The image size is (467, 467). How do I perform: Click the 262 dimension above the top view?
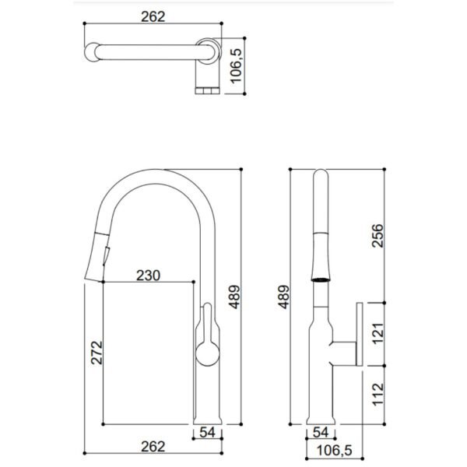(153, 16)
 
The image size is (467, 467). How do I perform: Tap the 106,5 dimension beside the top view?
(237, 66)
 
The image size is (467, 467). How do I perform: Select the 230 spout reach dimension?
(148, 276)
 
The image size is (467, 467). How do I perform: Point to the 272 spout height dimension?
(97, 353)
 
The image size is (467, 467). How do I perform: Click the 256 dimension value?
(377, 236)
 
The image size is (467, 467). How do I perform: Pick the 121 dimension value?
(378, 333)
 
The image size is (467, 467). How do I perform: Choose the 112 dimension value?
(378, 394)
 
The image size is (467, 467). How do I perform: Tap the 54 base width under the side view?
(207, 433)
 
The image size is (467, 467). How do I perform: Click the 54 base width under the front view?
(321, 433)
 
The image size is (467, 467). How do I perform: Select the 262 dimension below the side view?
(153, 447)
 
